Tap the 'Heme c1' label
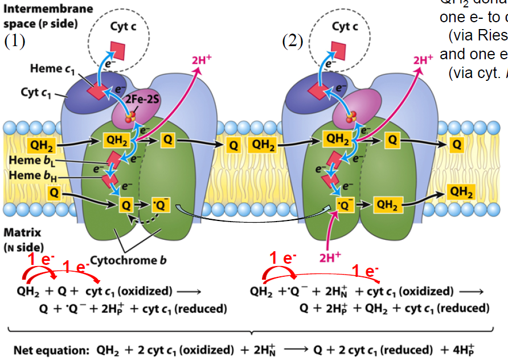tap(54, 68)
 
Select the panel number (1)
tap(15, 42)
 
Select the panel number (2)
tap(293, 42)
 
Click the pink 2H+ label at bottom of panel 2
tap(329, 257)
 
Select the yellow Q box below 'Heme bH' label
tap(54, 193)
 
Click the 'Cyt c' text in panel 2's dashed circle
tap(345, 26)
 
